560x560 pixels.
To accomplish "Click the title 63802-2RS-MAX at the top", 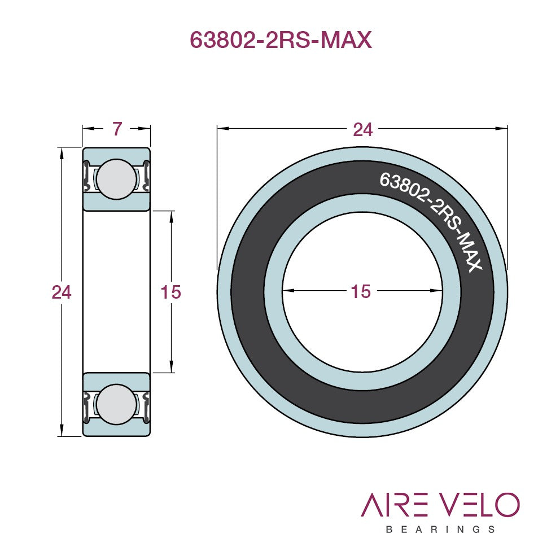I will (281, 40).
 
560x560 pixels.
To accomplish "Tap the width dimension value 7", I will (117, 129).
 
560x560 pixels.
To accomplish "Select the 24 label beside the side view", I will (62, 292).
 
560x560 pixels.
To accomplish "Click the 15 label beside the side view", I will (170, 292).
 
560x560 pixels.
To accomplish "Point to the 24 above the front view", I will (362, 129).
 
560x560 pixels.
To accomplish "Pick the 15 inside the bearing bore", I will (361, 291).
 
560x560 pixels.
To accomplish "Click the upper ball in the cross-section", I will (116, 179).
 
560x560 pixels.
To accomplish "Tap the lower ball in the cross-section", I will (116, 404).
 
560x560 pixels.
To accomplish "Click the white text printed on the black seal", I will (431, 221).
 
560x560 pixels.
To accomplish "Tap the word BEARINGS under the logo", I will (440, 530).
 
